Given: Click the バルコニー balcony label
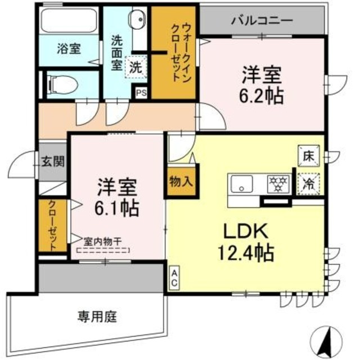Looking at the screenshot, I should (262, 20).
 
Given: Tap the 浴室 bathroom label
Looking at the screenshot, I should (69, 49).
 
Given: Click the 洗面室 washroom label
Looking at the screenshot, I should (116, 52).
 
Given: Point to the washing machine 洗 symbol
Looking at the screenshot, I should (136, 66).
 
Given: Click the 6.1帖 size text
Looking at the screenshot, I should (117, 206).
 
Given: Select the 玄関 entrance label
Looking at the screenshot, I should (53, 161).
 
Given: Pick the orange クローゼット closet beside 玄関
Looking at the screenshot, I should (51, 225).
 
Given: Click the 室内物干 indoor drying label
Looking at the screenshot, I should (103, 241).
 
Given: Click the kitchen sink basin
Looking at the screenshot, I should (242, 184).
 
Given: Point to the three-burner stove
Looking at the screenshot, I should (276, 183).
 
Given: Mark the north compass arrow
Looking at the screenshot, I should (328, 339).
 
